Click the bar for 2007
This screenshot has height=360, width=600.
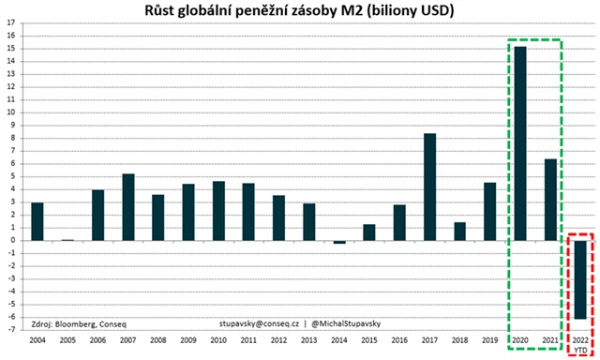(x=127, y=206)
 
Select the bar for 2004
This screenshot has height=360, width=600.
(x=37, y=221)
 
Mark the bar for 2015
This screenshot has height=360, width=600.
(x=368, y=232)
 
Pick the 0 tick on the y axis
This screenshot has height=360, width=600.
(x=11, y=240)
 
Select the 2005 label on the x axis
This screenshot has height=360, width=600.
(x=67, y=339)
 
